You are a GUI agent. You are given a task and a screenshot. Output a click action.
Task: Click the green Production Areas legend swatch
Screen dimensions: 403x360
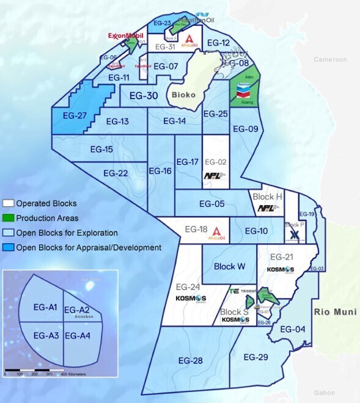[9, 218]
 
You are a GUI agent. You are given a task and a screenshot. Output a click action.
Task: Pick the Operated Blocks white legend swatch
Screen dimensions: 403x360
[9, 203]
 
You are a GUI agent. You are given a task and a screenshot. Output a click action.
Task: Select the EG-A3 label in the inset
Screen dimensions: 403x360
[46, 335]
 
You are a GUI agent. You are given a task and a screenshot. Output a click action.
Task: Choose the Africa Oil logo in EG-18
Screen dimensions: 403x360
[215, 233]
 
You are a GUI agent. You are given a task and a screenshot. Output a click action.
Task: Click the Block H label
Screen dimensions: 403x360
[267, 197]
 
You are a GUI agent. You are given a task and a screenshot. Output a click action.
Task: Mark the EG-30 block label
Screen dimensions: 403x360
[144, 96]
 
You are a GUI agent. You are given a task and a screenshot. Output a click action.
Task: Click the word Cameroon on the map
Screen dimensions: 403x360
[330, 60]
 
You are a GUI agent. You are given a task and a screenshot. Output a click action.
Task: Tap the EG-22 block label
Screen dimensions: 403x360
[116, 173]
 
